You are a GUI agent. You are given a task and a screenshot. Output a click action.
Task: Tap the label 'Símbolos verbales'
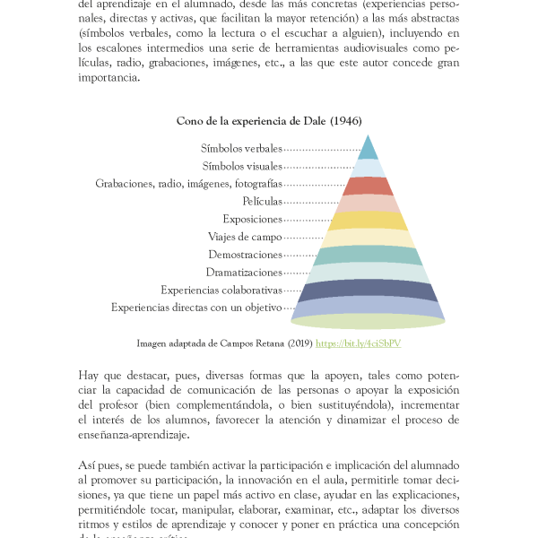click(242, 148)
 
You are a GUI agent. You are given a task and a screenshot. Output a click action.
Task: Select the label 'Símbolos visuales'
click(242, 166)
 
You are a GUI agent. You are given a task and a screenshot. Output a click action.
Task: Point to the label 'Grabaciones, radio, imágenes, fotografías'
click(188, 183)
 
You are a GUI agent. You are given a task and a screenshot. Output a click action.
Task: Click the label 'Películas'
click(262, 201)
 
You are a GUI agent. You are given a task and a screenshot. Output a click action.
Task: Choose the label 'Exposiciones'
click(252, 219)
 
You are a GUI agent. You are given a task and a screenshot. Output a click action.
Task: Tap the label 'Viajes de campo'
click(245, 237)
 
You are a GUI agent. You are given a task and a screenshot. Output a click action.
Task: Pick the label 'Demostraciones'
click(245, 255)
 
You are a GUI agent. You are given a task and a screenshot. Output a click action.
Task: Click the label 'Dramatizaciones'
click(244, 273)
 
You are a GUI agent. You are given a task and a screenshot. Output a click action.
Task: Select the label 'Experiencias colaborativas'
click(221, 290)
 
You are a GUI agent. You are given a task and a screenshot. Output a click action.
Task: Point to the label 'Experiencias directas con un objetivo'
click(196, 308)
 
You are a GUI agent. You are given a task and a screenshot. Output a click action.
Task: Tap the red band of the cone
click(368, 186)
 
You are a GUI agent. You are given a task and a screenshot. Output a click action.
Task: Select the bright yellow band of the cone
click(368, 221)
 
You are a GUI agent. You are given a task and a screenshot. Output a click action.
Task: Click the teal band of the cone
click(368, 256)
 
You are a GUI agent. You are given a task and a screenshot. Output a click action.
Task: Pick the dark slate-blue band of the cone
click(368, 291)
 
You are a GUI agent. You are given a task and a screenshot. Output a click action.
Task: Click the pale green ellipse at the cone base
click(368, 322)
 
